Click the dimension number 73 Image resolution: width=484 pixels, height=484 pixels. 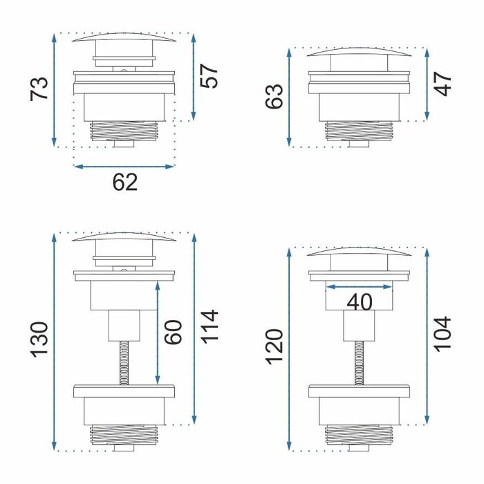pyautogui.click(x=39, y=89)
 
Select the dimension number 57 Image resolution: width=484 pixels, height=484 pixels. pyautogui.click(x=210, y=76)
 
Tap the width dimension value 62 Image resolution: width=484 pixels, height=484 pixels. pyautogui.click(x=124, y=183)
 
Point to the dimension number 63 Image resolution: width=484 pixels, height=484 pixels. pyautogui.click(x=274, y=96)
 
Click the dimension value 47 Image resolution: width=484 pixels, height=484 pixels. pyautogui.click(x=443, y=84)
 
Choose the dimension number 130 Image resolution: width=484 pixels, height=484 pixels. pyautogui.click(x=39, y=340)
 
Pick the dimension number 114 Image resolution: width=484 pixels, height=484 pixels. pyautogui.click(x=210, y=326)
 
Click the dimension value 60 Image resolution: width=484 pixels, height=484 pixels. pyautogui.click(x=173, y=332)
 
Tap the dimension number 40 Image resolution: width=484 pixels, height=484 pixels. pyautogui.click(x=360, y=302)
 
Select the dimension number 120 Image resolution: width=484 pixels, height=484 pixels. pyautogui.click(x=274, y=348)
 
